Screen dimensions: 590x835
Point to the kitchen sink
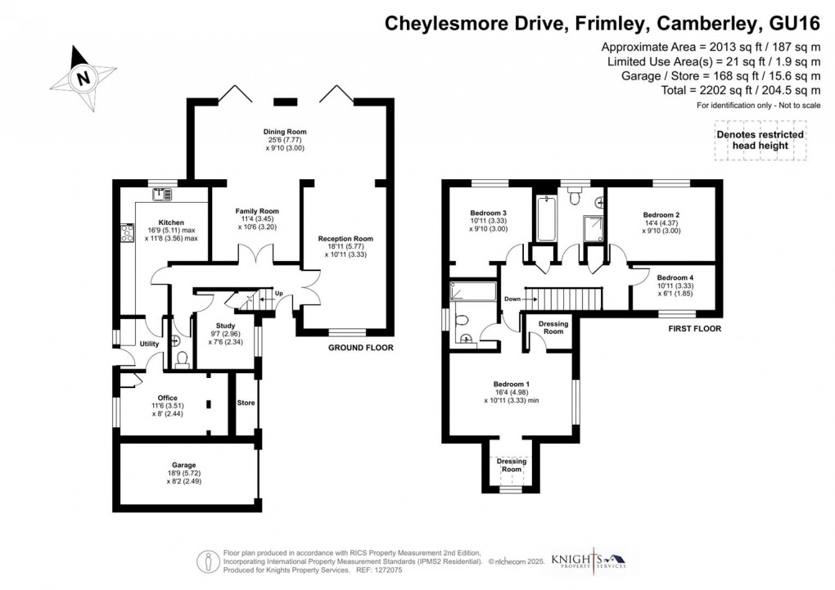pyautogui.click(x=161, y=194)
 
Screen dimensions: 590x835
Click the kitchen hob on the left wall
pyautogui.click(x=127, y=233)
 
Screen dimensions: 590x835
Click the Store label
pyautogui.click(x=246, y=403)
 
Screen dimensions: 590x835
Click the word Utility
pyautogui.click(x=148, y=345)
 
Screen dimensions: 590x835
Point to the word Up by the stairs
pyautogui.click(x=278, y=294)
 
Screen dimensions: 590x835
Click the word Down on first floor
pyautogui.click(x=513, y=299)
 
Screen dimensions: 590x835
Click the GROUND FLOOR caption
pyautogui.click(x=360, y=348)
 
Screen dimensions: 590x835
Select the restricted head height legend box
pyautogui.click(x=760, y=141)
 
